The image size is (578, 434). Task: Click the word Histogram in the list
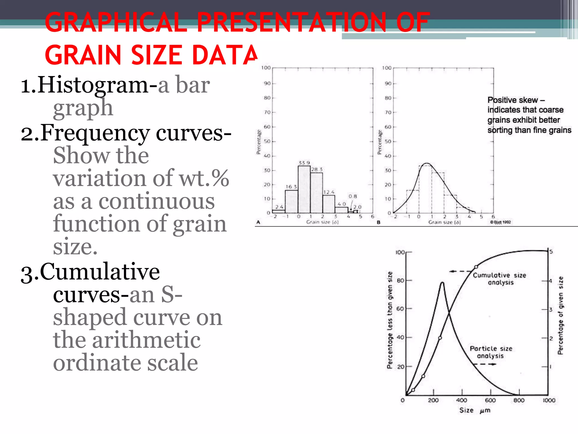pos(93,85)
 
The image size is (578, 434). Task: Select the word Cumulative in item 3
pos(100,272)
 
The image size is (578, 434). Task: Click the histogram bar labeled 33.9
pos(304,189)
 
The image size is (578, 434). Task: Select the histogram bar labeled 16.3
pos(291,201)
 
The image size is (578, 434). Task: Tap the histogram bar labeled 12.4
pos(329,204)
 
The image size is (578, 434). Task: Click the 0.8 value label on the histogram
pos(353,196)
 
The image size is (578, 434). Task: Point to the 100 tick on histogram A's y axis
pos(266,68)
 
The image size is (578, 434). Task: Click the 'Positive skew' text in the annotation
pos(513,100)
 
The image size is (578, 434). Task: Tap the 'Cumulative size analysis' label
pos(500,279)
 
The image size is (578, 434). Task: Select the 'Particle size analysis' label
pos(491,352)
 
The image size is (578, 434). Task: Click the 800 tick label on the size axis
pos(519,400)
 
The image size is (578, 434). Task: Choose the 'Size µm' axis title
pos(475,410)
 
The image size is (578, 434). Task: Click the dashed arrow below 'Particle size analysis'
pos(485,364)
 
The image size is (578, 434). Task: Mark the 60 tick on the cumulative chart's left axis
pos(400,309)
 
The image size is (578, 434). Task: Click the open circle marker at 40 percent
pos(440,338)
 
